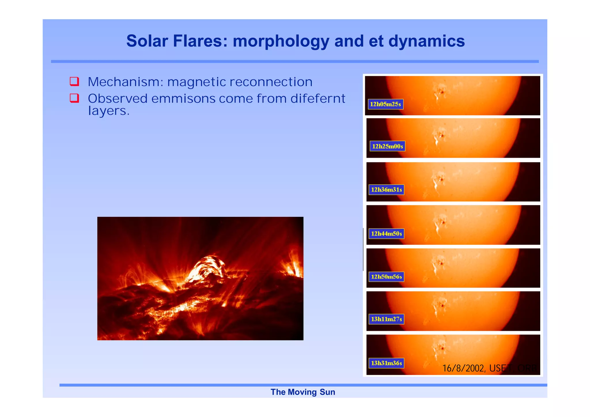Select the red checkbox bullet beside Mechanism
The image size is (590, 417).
coord(74,81)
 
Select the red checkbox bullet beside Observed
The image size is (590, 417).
coord(74,98)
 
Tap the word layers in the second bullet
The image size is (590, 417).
coord(108,111)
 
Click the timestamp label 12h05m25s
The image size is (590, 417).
coord(385,104)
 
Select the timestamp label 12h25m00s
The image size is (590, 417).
coord(387,146)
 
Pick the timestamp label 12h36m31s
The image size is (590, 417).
coord(386,190)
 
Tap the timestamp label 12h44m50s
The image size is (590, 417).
coord(386,234)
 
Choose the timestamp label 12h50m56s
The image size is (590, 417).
coord(386,277)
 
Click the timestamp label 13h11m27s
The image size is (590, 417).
coord(386,319)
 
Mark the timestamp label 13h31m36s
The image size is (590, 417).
coord(386,363)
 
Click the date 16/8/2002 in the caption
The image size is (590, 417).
coord(464,368)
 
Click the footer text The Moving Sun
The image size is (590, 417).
coord(302,392)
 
